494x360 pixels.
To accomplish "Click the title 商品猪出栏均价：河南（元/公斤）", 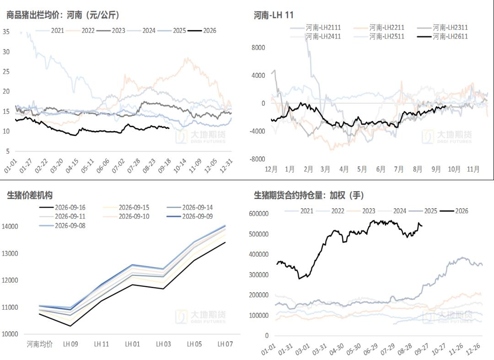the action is pyautogui.click(x=63, y=15).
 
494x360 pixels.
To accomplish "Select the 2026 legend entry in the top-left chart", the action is pyautogui.click(x=202, y=31).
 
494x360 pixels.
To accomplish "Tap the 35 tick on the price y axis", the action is pyautogui.click(x=6, y=32).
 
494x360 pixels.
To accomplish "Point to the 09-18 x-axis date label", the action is pyautogui.click(x=165, y=166).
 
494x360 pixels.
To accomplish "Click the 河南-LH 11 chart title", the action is pyautogui.click(x=274, y=15).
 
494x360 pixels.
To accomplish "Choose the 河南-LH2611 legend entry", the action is pyautogui.click(x=443, y=37).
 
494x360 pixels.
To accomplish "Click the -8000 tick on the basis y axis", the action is pyautogui.click(x=257, y=159).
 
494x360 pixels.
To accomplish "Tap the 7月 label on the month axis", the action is pyautogui.click(x=398, y=169).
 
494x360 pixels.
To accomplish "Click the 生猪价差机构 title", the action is pyautogui.click(x=30, y=195).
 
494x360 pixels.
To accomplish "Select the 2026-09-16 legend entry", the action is pyautogui.click(x=62, y=208).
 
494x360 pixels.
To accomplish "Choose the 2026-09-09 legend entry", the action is pyautogui.click(x=190, y=216).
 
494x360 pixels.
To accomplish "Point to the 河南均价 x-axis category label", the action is pyautogui.click(x=40, y=344).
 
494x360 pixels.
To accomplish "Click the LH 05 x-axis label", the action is pyautogui.click(x=194, y=344).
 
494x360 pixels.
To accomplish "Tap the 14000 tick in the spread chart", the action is pyautogui.click(x=10, y=226).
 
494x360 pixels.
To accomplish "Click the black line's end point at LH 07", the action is pyautogui.click(x=225, y=242).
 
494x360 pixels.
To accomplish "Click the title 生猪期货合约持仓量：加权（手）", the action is pyautogui.click(x=309, y=195).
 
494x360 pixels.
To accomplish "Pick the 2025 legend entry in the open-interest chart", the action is pyautogui.click(x=423, y=211).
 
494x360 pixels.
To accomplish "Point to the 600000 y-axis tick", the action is pyautogui.click(x=258, y=214).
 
